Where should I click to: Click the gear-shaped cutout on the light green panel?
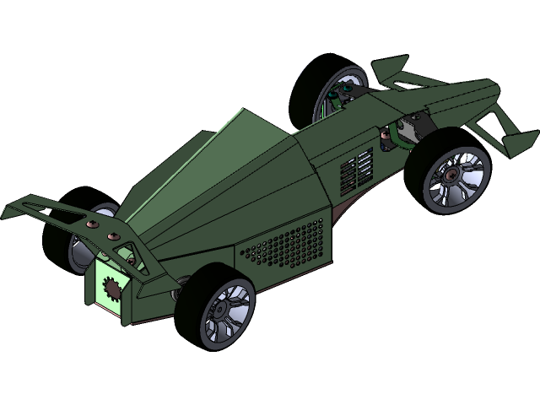click(x=109, y=287)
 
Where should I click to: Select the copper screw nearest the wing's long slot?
click(x=91, y=224)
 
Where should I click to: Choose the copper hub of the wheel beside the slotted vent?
click(x=453, y=176)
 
